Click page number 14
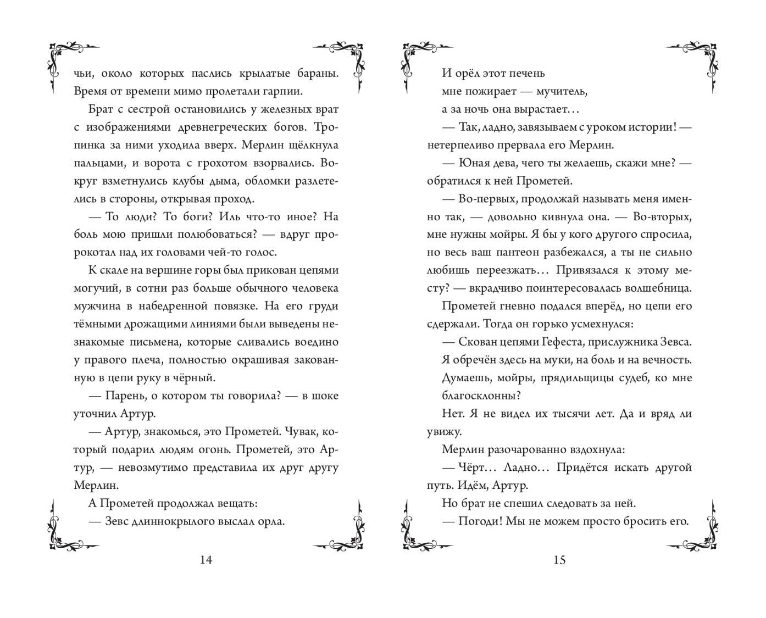click(206, 560)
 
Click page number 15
click(559, 560)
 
